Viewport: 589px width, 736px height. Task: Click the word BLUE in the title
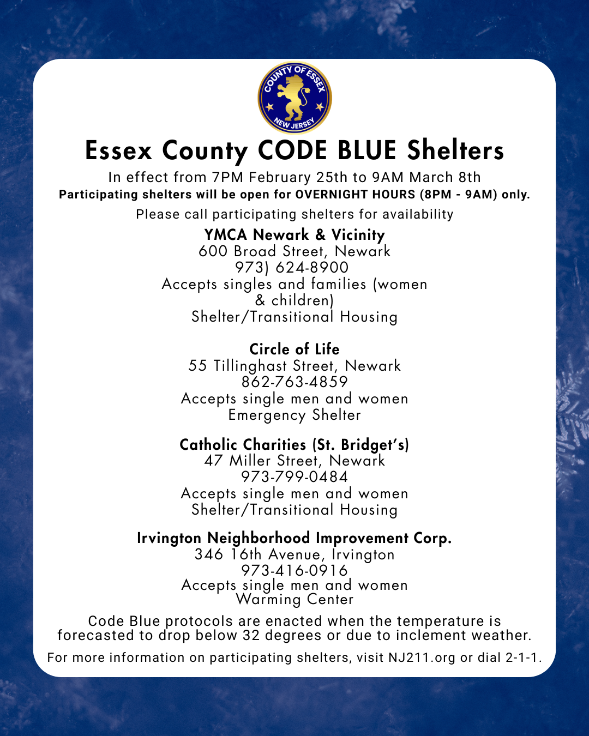point(366,151)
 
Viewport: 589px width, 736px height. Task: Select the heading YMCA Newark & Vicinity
point(294,235)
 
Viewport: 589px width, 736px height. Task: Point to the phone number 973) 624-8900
point(292,268)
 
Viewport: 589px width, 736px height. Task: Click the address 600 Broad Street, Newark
point(294,251)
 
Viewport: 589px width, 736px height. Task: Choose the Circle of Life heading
point(294,349)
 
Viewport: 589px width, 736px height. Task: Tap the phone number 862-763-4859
point(294,382)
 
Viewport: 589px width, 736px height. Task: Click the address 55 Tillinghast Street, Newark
point(294,366)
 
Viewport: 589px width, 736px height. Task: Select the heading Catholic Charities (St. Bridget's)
point(294,445)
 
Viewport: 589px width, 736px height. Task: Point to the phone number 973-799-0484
point(294,477)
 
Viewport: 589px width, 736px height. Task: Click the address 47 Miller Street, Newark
point(294,461)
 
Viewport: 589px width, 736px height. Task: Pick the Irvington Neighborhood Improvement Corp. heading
point(294,538)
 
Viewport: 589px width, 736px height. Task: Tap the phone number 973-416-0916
point(294,570)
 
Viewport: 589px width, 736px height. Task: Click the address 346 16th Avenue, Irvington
point(294,554)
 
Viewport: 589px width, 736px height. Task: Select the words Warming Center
point(294,600)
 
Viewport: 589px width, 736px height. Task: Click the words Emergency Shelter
point(294,415)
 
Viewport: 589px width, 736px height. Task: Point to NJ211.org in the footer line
point(422,657)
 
